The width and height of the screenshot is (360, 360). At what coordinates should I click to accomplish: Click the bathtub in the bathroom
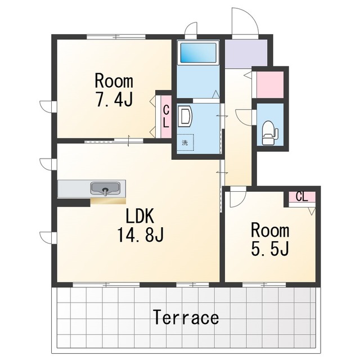tap(198, 53)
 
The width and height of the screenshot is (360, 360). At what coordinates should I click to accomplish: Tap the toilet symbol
tap(269, 133)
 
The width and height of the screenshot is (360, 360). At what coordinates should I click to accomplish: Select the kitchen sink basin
tap(105, 188)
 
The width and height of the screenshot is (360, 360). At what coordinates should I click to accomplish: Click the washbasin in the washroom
tap(184, 116)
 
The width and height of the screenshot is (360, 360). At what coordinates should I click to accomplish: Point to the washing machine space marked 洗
tap(185, 142)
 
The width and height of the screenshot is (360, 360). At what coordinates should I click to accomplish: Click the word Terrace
tap(186, 317)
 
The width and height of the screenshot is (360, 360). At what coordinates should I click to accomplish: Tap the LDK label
tap(140, 216)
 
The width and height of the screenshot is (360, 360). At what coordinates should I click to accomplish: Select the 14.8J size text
tap(140, 235)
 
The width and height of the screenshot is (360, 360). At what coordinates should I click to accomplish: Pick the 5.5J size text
tap(270, 249)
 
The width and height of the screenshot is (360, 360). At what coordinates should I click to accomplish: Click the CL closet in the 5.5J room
tap(301, 197)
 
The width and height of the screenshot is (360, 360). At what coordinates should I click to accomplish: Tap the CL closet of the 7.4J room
tap(166, 117)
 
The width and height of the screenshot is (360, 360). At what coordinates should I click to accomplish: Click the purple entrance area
tap(246, 54)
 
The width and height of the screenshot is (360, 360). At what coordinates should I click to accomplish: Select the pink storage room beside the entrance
tap(270, 84)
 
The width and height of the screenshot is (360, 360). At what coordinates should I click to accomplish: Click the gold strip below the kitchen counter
tap(108, 201)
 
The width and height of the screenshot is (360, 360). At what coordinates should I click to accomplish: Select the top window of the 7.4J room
tap(116, 37)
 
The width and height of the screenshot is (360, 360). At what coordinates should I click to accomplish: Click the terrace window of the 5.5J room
tap(264, 285)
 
